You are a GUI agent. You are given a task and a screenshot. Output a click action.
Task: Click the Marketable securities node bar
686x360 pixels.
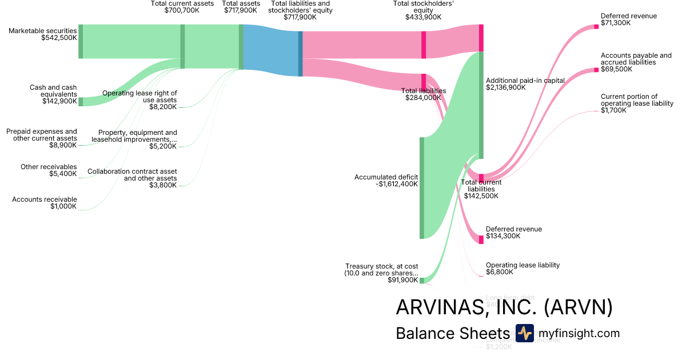tap(81, 41)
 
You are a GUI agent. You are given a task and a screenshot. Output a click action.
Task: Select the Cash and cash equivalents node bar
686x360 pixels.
tap(81, 102)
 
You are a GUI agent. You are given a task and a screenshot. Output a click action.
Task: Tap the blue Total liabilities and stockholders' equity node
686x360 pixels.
tap(300, 54)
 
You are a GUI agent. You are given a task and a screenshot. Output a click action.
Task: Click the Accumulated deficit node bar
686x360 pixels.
tap(422, 187)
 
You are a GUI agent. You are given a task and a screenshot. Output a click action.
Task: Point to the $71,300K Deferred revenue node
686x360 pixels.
tap(596, 26)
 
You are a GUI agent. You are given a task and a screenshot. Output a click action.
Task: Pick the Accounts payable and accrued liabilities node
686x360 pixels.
tap(596, 70)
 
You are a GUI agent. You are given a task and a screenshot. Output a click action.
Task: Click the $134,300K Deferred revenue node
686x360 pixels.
tap(481, 240)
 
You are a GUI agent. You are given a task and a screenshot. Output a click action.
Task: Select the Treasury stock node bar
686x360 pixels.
tap(422, 281)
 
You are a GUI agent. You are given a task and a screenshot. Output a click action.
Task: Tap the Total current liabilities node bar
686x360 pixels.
tap(481, 177)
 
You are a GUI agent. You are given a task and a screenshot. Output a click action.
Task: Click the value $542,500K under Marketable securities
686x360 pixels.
tap(59, 38)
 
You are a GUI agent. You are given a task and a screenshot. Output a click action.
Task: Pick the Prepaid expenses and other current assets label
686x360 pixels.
tap(42, 135)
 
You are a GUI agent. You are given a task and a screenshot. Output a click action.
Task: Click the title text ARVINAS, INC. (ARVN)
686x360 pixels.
tap(504, 308)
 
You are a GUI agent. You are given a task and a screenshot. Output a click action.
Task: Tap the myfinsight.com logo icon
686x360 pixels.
tap(524, 333)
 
